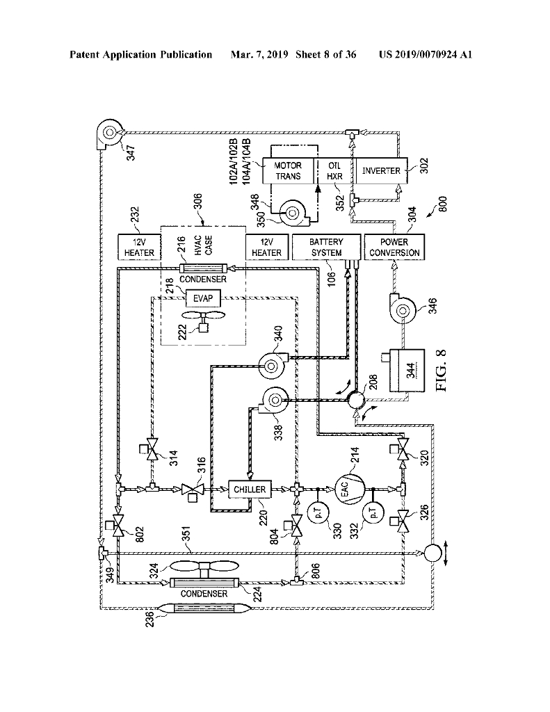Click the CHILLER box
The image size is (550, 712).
click(x=250, y=489)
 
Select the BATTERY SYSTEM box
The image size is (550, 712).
click(x=326, y=247)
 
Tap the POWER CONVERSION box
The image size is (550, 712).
click(x=394, y=247)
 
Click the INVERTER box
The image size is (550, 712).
click(x=381, y=171)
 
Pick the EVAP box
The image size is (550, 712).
click(x=203, y=298)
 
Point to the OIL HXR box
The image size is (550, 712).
click(x=334, y=171)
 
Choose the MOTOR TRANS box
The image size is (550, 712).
click(x=288, y=171)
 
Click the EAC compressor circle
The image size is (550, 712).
click(x=349, y=489)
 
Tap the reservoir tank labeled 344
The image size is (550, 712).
click(x=407, y=370)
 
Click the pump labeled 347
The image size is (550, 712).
click(x=109, y=133)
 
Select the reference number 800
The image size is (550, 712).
click(x=444, y=204)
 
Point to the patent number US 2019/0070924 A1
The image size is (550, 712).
click(x=426, y=55)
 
